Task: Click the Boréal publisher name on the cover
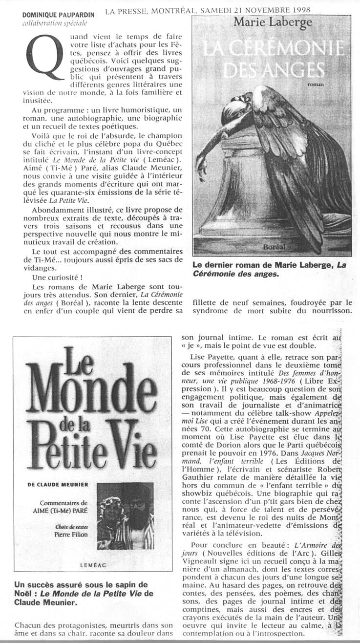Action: pyautogui.click(x=274, y=247)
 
